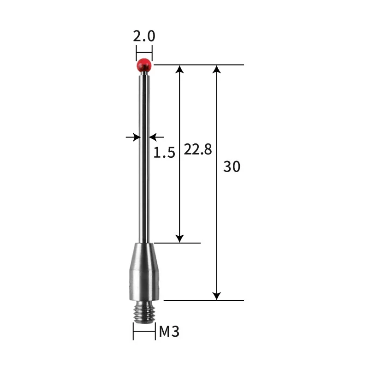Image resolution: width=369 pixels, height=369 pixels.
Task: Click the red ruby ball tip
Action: pyautogui.click(x=144, y=65)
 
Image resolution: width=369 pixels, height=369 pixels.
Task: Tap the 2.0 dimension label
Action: pyautogui.click(x=144, y=36)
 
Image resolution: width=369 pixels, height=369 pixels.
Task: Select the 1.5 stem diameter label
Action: pyautogui.click(x=164, y=152)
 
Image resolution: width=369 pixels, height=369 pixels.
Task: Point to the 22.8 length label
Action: pyautogui.click(x=197, y=149)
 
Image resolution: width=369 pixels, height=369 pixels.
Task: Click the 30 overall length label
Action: pyautogui.click(x=232, y=167)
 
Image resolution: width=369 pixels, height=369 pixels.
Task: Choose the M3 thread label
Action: pyautogui.click(x=169, y=331)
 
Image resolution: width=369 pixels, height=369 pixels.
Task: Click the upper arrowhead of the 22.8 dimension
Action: pyautogui.click(x=180, y=69)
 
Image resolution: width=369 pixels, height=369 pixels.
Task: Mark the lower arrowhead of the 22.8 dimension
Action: pyautogui.click(x=180, y=238)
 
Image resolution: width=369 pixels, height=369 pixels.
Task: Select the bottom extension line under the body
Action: pyautogui.click(x=203, y=300)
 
